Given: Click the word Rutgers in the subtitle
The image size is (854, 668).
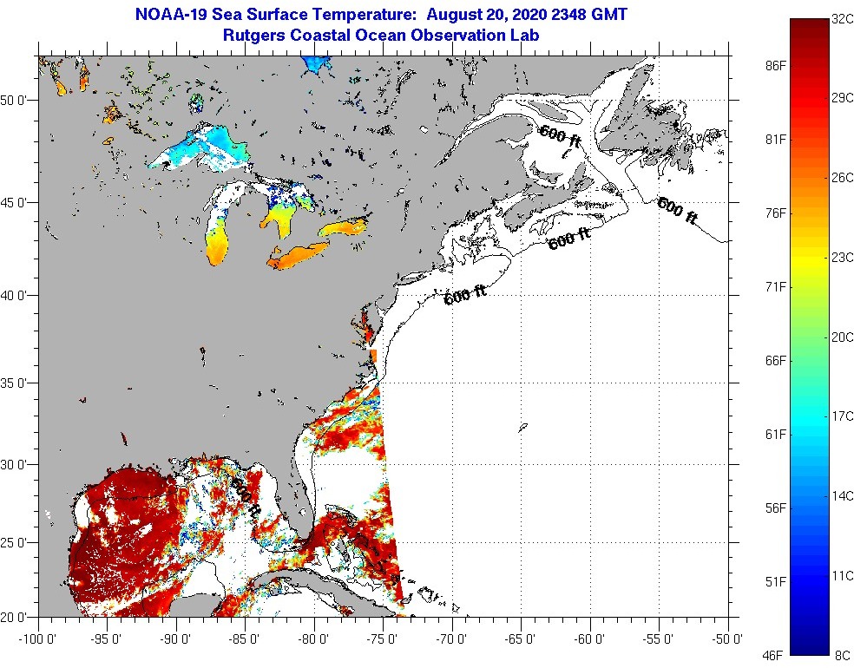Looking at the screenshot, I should click(x=252, y=36).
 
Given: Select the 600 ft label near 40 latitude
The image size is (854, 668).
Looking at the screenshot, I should click(x=465, y=296).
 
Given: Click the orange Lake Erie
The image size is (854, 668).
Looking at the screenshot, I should click(x=299, y=254).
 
